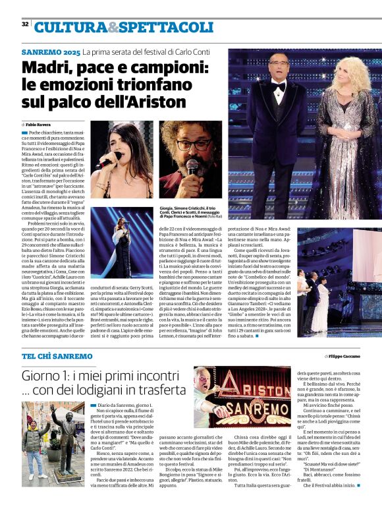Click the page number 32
25,24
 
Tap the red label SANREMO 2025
51,51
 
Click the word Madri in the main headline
50,68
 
